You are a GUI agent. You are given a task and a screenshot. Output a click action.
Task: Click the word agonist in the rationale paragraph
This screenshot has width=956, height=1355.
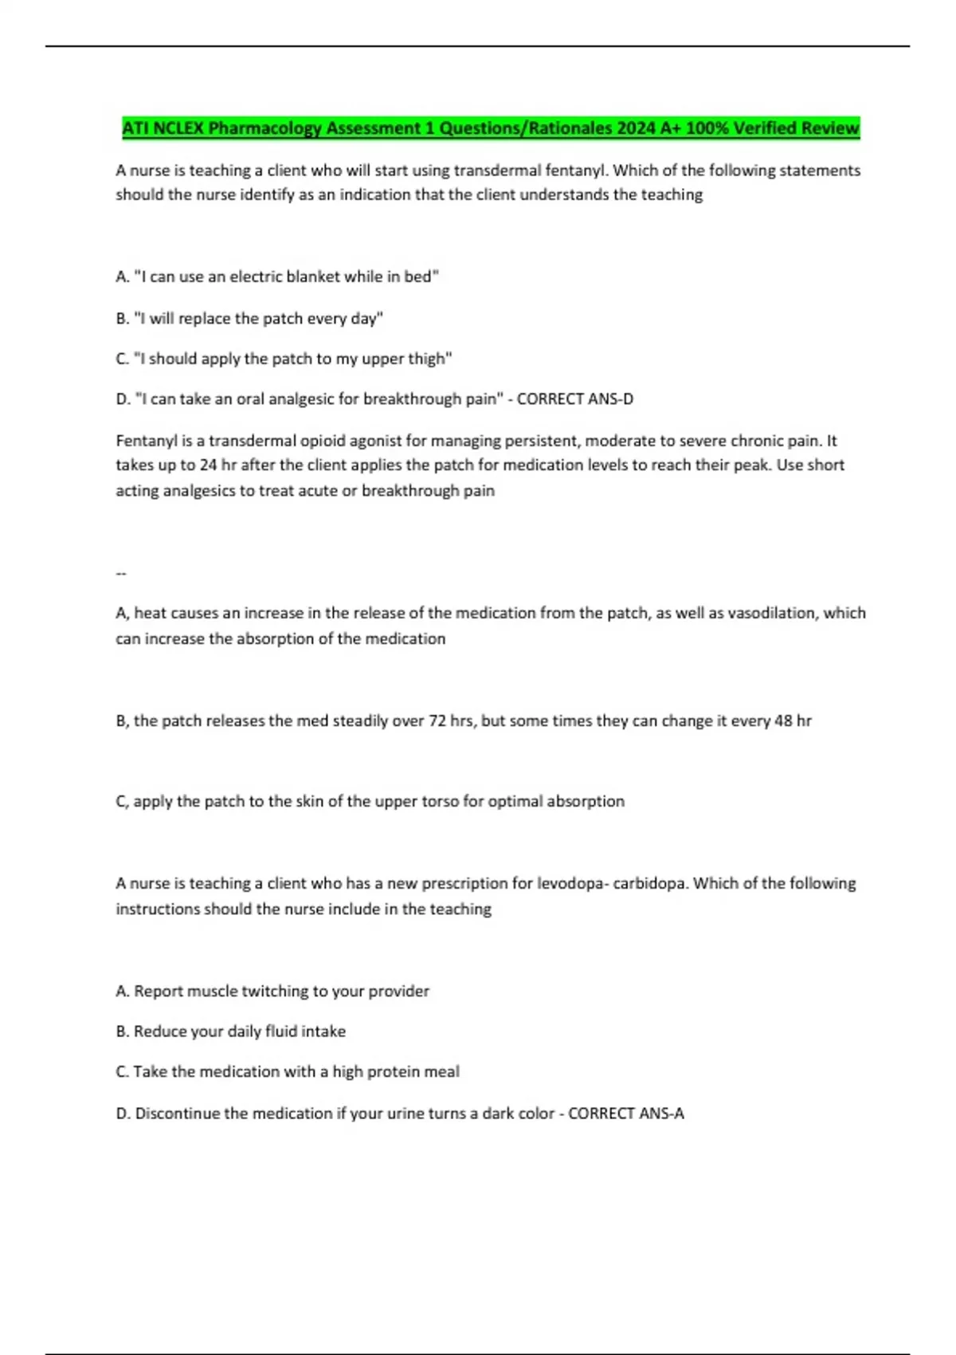pyautogui.click(x=374, y=441)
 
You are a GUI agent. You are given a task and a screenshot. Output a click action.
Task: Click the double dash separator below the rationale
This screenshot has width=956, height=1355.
pyautogui.click(x=121, y=573)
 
